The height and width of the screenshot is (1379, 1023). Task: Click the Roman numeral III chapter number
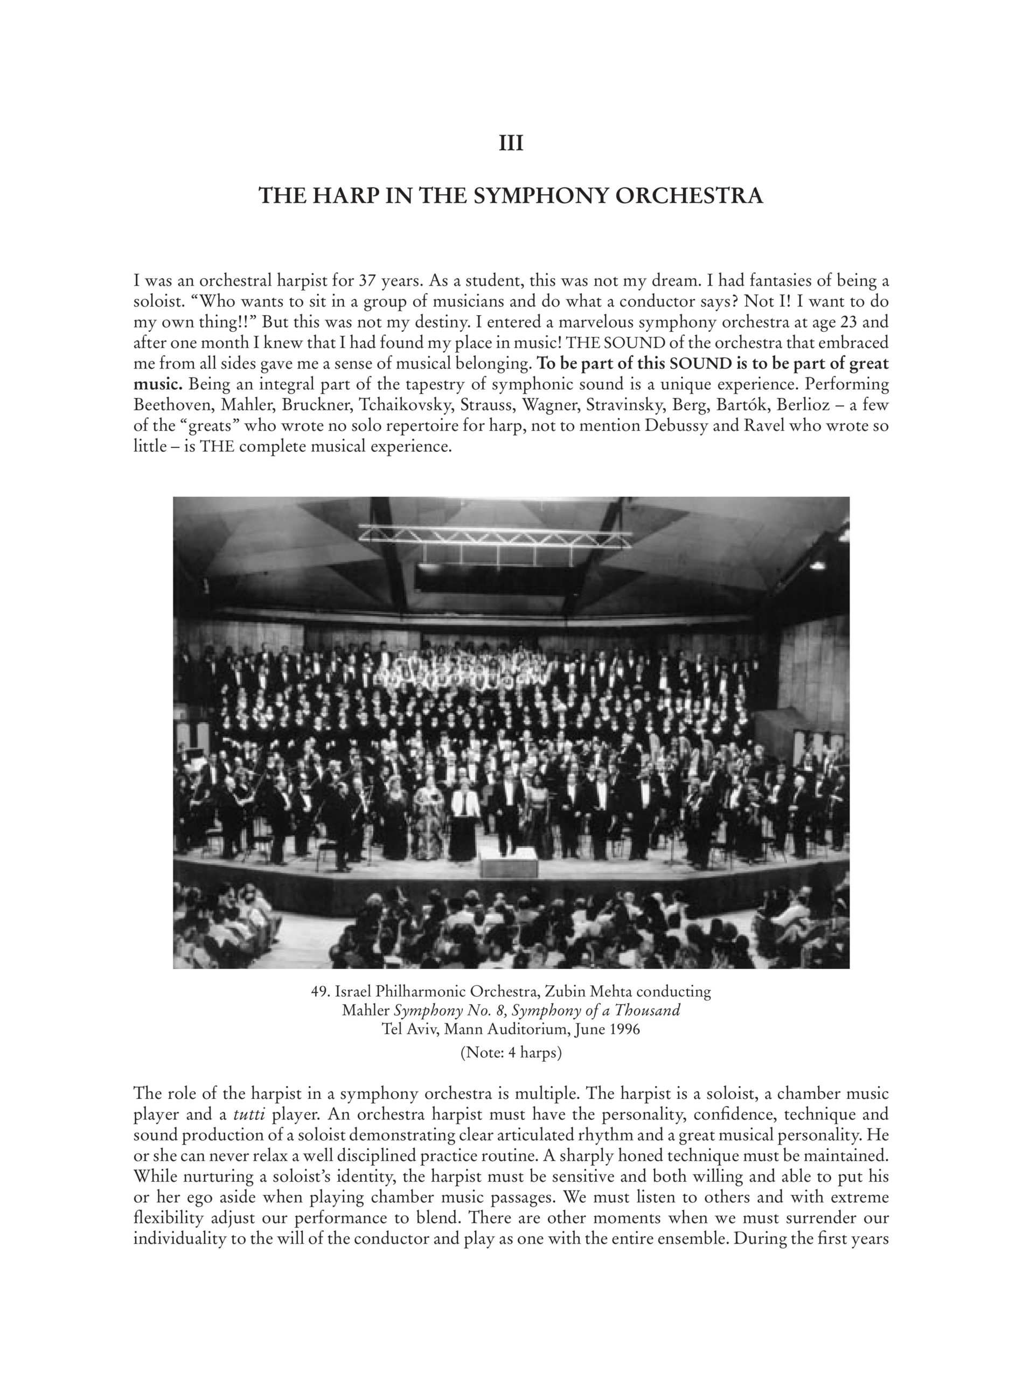pos(511,144)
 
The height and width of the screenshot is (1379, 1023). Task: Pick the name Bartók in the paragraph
pos(740,405)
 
